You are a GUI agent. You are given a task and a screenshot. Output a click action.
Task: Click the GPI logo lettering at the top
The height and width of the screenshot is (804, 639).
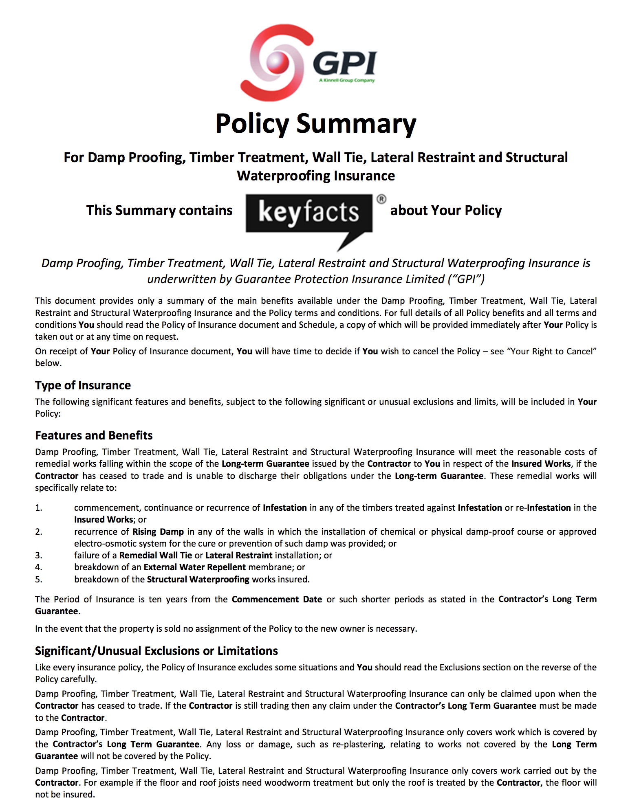click(x=345, y=63)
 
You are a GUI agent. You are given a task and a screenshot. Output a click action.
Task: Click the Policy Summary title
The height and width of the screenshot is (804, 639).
click(x=316, y=123)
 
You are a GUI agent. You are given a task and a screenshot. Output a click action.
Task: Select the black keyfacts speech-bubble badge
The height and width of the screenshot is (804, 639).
click(x=309, y=214)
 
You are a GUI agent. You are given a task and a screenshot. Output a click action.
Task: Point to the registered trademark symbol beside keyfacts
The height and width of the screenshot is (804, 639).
click(x=381, y=199)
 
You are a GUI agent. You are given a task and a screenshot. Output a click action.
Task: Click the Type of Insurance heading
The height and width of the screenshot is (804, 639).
click(x=83, y=385)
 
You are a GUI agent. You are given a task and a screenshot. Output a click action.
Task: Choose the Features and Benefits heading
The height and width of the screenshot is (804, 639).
click(x=94, y=435)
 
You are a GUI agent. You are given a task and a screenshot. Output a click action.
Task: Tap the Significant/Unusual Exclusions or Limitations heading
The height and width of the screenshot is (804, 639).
click(x=156, y=651)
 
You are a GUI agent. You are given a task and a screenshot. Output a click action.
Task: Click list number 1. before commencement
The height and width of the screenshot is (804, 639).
click(x=39, y=508)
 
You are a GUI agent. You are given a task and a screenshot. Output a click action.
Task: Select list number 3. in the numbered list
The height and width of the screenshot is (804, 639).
click(x=39, y=556)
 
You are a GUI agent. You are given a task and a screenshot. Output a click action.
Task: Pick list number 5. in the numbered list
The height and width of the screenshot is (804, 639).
click(x=39, y=580)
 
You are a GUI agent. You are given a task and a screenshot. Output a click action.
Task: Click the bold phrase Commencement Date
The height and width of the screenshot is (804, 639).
click(x=277, y=600)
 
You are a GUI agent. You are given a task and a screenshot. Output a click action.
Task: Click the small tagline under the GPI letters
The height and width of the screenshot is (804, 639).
click(x=346, y=81)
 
